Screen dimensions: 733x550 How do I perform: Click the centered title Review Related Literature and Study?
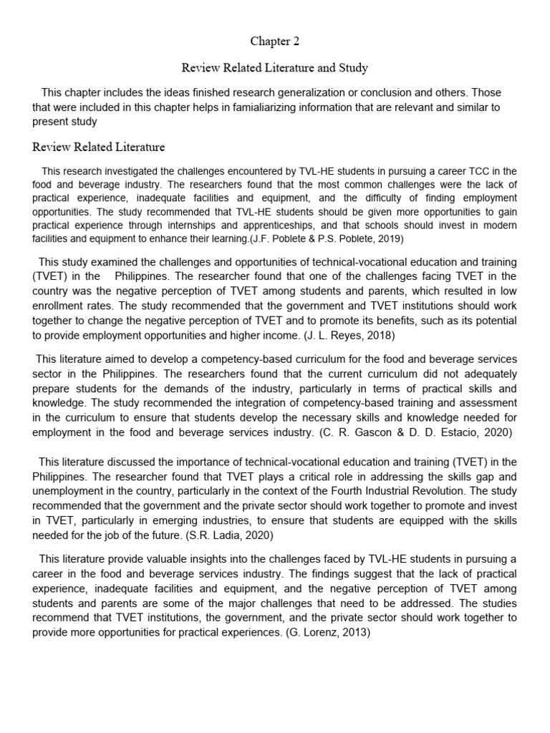(x=275, y=68)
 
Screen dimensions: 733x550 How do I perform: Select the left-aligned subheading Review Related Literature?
(x=99, y=147)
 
